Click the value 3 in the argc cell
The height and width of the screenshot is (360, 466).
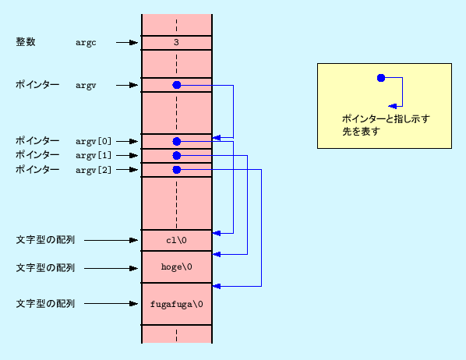(176, 43)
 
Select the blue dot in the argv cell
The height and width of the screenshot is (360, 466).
(177, 85)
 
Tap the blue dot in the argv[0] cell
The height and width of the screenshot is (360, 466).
(177, 141)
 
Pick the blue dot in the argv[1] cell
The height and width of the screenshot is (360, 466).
(177, 155)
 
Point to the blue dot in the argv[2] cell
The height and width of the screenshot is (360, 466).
(177, 169)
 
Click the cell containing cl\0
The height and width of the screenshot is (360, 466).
(176, 240)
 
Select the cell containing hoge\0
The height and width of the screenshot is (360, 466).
(176, 267)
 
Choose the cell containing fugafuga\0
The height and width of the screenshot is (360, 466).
(176, 303)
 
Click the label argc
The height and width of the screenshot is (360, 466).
(86, 42)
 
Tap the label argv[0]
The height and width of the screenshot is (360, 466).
(94, 141)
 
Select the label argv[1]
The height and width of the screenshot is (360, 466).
(94, 155)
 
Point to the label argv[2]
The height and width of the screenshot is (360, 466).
(94, 169)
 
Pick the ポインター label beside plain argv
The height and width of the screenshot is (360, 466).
(37, 84)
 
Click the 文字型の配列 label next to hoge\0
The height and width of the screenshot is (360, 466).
(45, 267)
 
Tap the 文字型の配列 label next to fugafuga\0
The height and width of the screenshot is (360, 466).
(45, 303)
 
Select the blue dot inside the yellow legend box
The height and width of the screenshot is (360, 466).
(380, 78)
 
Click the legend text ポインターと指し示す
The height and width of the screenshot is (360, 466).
(386, 119)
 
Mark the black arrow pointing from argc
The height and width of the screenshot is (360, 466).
(126, 42)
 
